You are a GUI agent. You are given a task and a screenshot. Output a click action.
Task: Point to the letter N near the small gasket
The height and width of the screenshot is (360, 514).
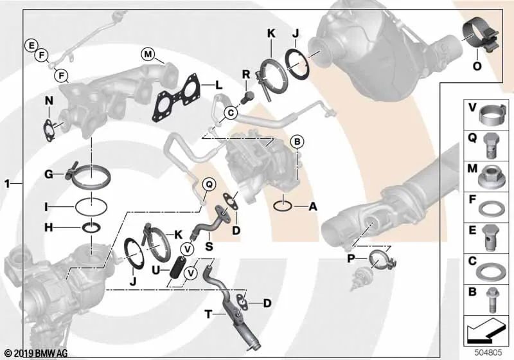pos(49,100)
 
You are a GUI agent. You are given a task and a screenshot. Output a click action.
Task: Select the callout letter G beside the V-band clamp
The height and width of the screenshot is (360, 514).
pos(49,174)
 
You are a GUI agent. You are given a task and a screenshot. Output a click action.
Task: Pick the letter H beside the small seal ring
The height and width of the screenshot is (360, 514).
pos(48,227)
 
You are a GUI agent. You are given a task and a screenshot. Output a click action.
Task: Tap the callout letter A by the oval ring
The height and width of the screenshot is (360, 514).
pos(313,206)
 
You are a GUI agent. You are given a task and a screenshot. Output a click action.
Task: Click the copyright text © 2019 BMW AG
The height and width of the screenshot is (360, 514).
pos(36,353)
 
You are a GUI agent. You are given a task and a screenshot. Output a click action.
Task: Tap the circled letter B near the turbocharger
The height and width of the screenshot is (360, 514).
pos(297,141)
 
